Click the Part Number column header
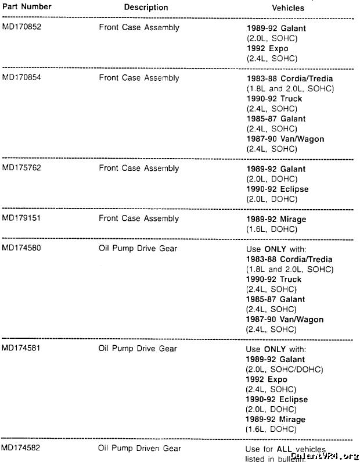(x=26, y=7)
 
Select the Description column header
(x=146, y=8)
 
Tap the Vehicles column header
(x=288, y=8)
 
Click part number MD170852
(x=21, y=28)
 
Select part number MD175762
(x=21, y=169)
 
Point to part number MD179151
(x=21, y=219)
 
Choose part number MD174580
(x=21, y=249)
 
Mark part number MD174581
(x=21, y=349)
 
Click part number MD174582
(x=21, y=449)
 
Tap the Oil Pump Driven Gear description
(x=141, y=449)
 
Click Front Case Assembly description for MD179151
(x=139, y=219)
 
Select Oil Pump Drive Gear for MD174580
(x=138, y=249)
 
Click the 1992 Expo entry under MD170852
(x=268, y=48)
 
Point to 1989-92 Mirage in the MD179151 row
(x=276, y=219)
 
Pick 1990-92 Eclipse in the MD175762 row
(x=278, y=189)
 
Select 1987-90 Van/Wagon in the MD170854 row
(x=285, y=139)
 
